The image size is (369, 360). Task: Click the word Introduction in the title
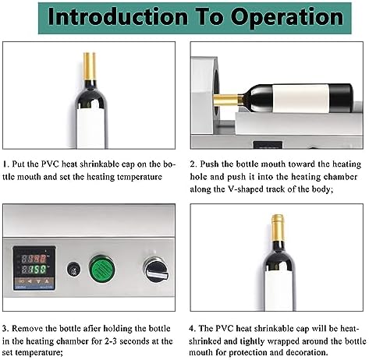(x=118, y=17)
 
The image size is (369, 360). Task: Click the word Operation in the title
(x=287, y=18)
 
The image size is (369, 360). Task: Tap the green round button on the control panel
(x=102, y=268)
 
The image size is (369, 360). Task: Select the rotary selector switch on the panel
(x=156, y=269)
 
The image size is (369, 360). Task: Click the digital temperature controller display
(x=34, y=268)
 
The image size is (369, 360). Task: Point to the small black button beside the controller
(x=73, y=269)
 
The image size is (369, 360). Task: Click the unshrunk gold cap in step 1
(x=90, y=66)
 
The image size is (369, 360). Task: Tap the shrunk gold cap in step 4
(x=278, y=228)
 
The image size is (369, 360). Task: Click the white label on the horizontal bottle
(x=300, y=98)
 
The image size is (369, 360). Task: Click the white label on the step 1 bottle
(x=90, y=129)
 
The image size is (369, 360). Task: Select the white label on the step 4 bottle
(x=279, y=290)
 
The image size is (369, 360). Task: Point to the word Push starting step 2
(x=210, y=164)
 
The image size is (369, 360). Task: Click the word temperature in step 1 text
(x=140, y=178)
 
